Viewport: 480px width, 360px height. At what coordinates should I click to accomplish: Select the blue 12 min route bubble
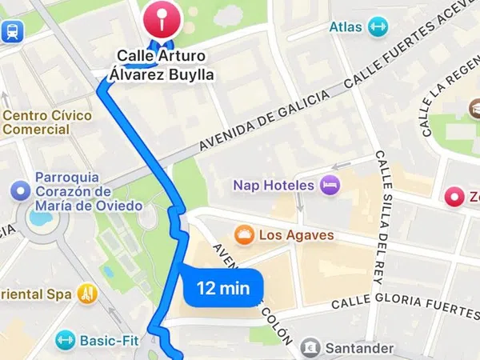click(223, 287)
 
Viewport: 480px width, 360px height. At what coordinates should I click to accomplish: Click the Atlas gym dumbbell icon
click(378, 27)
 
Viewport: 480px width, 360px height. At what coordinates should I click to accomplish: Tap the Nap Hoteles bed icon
click(330, 186)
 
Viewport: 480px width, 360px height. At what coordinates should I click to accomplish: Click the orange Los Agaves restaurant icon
click(244, 235)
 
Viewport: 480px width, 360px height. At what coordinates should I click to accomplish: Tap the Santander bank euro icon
click(310, 349)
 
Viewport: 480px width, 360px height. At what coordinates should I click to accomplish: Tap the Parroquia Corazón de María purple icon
click(20, 191)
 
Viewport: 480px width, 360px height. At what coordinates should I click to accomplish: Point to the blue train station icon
click(12, 30)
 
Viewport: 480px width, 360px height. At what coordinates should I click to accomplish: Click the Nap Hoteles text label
click(273, 186)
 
